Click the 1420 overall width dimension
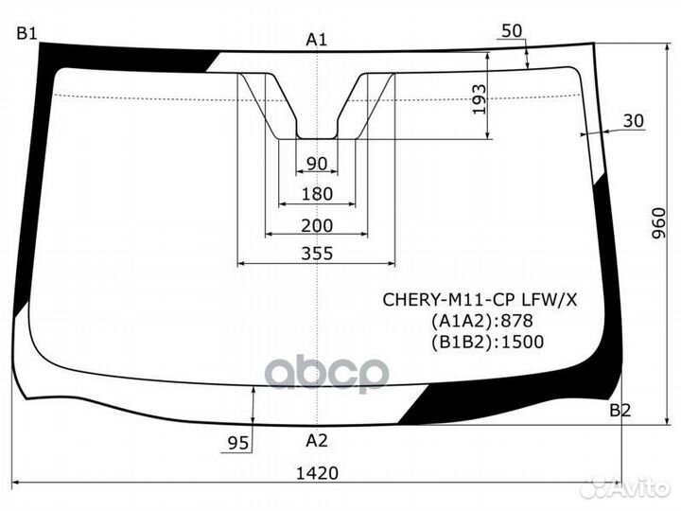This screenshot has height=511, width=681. click(x=317, y=472)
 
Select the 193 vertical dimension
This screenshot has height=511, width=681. click(x=480, y=98)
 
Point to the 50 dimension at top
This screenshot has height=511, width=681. click(x=512, y=31)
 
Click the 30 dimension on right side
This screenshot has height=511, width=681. click(x=634, y=120)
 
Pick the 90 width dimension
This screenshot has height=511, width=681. click(x=317, y=165)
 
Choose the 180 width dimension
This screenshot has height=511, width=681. click(x=317, y=194)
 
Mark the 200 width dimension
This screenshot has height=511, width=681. click(x=317, y=224)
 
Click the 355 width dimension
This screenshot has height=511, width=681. click(x=317, y=253)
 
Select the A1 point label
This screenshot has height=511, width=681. click(x=317, y=40)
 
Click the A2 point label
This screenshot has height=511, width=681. click(x=317, y=439)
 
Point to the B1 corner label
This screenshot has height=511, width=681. click(x=26, y=34)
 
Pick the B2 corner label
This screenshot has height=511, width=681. click(x=620, y=411)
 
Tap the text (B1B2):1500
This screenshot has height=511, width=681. click(x=486, y=342)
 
